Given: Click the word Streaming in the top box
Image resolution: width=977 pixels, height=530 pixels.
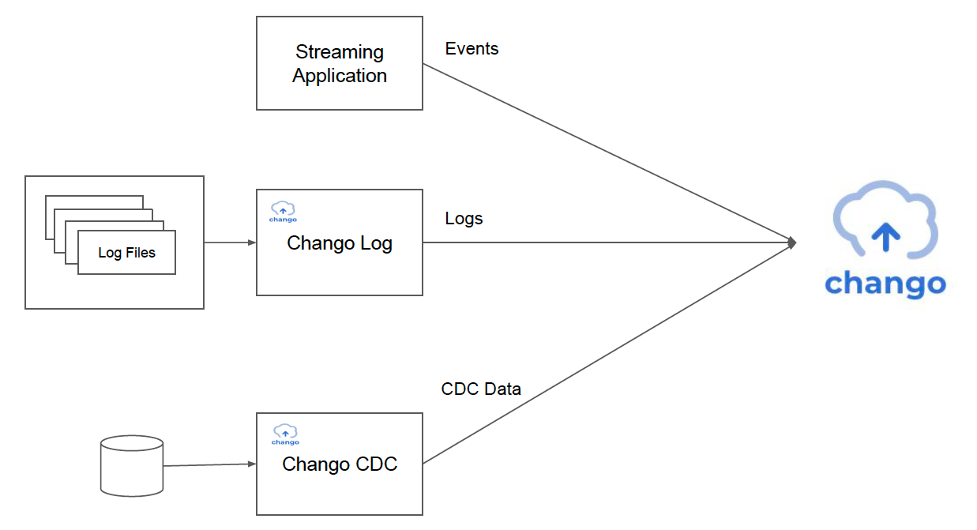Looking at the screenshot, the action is (x=340, y=52).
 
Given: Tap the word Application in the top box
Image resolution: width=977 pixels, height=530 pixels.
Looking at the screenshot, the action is (x=340, y=76).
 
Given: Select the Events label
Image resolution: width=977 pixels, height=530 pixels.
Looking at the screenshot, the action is (x=472, y=48).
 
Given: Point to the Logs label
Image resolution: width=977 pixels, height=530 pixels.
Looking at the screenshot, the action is (x=464, y=219).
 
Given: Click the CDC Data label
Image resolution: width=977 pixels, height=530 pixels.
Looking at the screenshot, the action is (x=481, y=389).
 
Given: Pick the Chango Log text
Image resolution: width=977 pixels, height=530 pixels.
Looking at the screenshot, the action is (x=340, y=243).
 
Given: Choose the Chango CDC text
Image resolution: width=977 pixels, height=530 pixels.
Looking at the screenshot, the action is (x=340, y=464).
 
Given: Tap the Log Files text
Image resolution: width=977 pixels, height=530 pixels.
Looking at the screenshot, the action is (x=126, y=253).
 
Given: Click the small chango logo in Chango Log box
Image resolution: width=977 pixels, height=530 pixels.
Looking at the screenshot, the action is (x=283, y=212).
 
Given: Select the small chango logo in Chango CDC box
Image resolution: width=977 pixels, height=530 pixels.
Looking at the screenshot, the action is (x=285, y=434).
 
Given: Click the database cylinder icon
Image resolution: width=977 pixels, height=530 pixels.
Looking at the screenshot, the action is (x=132, y=465).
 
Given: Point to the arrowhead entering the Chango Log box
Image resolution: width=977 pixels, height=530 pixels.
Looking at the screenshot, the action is (x=252, y=242).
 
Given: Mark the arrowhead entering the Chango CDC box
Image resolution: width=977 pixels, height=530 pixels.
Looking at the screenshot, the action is (x=252, y=464).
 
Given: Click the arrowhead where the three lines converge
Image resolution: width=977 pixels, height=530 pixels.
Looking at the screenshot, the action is (x=792, y=242).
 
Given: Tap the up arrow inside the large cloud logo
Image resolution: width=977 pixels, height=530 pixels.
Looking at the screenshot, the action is (x=885, y=237).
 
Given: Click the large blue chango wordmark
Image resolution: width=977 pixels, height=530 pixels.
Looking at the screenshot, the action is (x=885, y=284).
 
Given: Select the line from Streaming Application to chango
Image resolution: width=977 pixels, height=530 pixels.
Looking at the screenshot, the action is (x=607, y=152).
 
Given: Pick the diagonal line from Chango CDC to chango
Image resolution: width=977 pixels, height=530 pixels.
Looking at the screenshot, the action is (x=607, y=354).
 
